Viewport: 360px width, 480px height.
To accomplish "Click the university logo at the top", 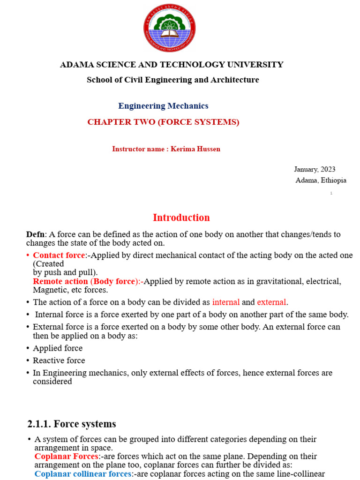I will point(169,28).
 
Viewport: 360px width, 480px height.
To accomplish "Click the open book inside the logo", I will point(169,33).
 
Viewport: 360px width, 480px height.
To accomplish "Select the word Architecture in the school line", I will point(235,80).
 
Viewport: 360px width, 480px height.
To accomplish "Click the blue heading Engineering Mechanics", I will point(163,106).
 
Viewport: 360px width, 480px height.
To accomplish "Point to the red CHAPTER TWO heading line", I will point(163,122).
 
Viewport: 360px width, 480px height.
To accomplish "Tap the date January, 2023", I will point(315,169).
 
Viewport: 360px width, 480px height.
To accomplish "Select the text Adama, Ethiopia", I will point(321,180).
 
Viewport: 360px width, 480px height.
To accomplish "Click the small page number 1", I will point(331,193).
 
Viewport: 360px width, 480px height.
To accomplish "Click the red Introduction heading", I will point(181,217).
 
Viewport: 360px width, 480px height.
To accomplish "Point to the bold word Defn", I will point(35,234).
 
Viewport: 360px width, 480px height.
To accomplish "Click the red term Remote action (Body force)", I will point(87,281).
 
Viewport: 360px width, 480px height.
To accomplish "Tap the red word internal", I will point(226,302).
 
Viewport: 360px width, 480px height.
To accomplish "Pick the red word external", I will point(271,302).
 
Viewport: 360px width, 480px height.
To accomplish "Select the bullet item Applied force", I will point(58,348).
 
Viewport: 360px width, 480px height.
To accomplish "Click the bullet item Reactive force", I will point(59,360).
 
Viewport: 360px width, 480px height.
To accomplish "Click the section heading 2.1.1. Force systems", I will point(72,424).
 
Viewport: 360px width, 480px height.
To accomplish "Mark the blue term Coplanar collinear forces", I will point(83,474).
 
